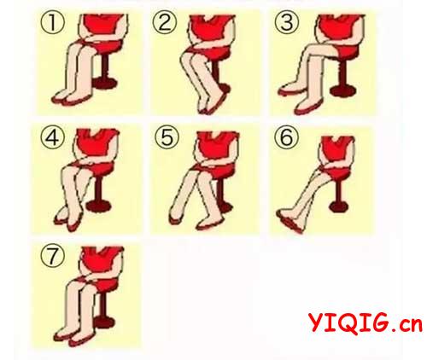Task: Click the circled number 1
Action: pyautogui.click(x=53, y=23)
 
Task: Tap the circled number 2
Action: pyautogui.click(x=165, y=23)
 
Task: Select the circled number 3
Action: pyautogui.click(x=287, y=23)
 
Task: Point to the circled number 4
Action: pyautogui.click(x=53, y=137)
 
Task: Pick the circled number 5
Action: pyautogui.click(x=167, y=137)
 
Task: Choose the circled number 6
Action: pyautogui.click(x=287, y=137)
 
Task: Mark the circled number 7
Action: pyautogui.click(x=53, y=256)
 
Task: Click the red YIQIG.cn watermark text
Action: pyautogui.click(x=366, y=322)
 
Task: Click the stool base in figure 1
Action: pyautogui.click(x=105, y=83)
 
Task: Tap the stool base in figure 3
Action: pyautogui.click(x=342, y=91)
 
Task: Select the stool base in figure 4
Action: pyautogui.click(x=98, y=206)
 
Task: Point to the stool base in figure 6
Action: pyautogui.click(x=339, y=206)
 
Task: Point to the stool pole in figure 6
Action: pyautogui.click(x=339, y=190)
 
